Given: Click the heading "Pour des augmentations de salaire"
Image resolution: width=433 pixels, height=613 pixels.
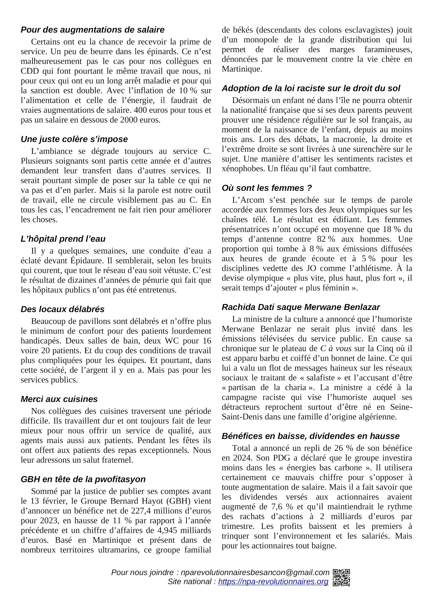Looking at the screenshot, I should pos(92,30).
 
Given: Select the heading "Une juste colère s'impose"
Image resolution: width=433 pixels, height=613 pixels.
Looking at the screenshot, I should pos(74,139).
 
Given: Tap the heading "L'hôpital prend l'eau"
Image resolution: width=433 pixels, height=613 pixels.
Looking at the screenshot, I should pos(63,239).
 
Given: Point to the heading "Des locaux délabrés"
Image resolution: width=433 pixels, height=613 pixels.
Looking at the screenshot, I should pos(63,309).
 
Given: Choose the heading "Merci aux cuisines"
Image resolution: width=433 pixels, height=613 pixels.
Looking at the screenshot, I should pos(59,399).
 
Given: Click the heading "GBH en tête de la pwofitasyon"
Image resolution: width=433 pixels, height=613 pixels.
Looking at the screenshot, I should pos(83,479).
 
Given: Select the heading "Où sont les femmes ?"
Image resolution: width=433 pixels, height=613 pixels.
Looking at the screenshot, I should pos(267,188).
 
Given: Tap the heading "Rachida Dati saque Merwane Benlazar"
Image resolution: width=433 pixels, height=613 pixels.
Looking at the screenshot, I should pos(301,307).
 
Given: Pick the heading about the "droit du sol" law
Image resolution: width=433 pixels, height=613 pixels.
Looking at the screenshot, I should pos(311,88).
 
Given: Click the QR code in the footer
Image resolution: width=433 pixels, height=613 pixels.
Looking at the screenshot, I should pos(341,578).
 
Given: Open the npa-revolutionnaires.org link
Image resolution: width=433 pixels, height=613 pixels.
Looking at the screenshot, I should pos(273,582).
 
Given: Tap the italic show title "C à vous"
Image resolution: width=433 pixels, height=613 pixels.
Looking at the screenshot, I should pos(336,349).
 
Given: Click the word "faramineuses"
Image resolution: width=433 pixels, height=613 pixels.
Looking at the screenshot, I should pos(388,49).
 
